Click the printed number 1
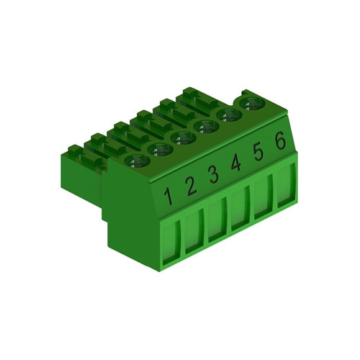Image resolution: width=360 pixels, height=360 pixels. (168, 195)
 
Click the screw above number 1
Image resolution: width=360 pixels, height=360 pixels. (137, 161)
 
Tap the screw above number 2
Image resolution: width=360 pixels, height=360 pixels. (160, 149)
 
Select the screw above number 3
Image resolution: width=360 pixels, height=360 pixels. (183, 138)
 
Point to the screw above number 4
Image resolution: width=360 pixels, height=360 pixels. (206, 127)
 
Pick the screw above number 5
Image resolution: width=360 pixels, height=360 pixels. (229, 115)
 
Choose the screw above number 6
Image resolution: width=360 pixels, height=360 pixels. (251, 104)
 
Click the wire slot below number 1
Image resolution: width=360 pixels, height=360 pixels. (172, 242)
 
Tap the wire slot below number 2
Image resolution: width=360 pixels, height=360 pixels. (194, 232)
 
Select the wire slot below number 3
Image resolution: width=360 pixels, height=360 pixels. (217, 221)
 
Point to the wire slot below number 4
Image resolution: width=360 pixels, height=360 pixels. (240, 210)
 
